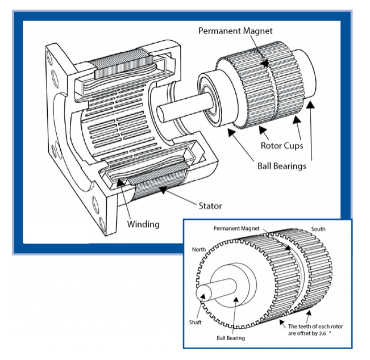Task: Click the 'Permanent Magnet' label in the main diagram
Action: coord(235,31)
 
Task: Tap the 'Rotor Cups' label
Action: coord(282,145)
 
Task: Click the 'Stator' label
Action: coord(210,206)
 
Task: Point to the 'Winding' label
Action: coord(143,224)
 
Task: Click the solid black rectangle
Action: coord(56,231)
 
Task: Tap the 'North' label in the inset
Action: coord(199,249)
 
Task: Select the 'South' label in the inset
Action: coord(318,229)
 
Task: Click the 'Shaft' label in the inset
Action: coord(195,323)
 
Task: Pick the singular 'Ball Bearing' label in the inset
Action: coord(231,338)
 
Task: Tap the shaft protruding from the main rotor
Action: coord(176,108)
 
